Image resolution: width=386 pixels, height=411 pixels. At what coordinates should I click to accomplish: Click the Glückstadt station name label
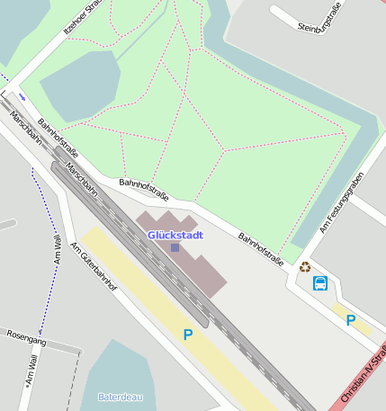coord(175,235)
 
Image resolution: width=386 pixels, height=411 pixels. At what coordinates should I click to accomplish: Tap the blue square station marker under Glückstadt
coord(175,247)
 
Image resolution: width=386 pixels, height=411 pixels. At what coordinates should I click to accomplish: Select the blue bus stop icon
coord(319,284)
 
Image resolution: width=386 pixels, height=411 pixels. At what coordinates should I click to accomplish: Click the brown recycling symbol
coord(305,266)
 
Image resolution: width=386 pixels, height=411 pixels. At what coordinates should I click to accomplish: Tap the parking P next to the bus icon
coord(351,319)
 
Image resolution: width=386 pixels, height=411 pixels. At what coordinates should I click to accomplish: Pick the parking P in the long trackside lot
coord(188,335)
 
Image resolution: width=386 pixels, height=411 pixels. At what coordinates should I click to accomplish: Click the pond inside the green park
coord(79,85)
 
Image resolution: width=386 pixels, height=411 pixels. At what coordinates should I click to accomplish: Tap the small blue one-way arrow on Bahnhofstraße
coord(22,96)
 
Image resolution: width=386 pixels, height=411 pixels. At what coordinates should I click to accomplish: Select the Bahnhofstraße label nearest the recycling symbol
coord(261,250)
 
